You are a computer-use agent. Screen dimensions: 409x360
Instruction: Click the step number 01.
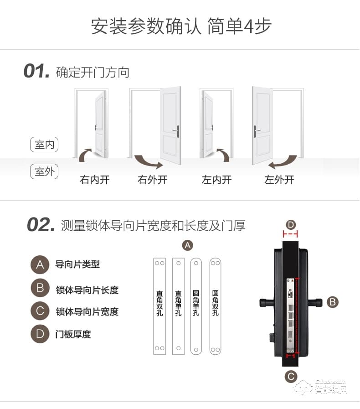pos(36,72)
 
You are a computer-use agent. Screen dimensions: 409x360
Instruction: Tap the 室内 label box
pos(44,145)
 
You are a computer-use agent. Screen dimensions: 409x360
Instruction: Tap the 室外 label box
pos(44,172)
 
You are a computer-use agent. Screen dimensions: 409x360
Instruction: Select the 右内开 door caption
pos(95,180)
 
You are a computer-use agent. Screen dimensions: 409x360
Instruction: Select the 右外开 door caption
pos(153,180)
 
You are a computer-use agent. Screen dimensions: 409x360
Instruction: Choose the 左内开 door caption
pos(216,180)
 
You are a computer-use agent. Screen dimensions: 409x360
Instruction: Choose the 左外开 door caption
pos(279,180)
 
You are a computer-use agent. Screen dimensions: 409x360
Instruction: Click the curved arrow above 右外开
pos(148,161)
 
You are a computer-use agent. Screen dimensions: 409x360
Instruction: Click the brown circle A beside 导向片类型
pos(40,264)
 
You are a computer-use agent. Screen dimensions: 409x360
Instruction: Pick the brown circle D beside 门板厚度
pos(40,334)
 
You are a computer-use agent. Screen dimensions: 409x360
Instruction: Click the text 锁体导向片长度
pos(87,290)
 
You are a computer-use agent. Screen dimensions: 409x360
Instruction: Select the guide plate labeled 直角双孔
pos(159,306)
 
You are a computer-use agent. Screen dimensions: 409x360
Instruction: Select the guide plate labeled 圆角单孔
pos(196,306)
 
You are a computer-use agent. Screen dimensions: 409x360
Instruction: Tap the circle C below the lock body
pos(290,377)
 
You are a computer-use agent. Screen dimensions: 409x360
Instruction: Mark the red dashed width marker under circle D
pos(290,235)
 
